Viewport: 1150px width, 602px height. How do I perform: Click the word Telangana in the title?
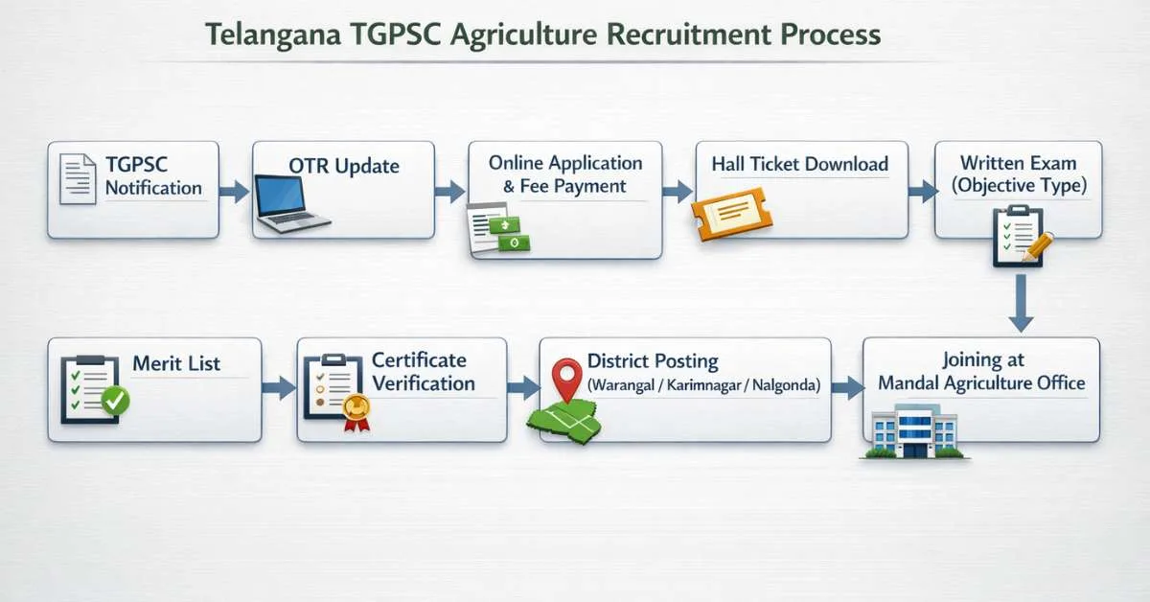272,35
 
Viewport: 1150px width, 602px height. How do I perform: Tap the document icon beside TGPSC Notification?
78,179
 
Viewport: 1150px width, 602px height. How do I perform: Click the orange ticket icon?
731,213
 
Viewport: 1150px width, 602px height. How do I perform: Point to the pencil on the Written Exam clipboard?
1038,247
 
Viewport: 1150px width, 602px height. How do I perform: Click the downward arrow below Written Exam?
1021,303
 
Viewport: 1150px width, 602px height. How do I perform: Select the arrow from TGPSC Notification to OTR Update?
234,192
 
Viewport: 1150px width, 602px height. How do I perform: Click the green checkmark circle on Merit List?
116,401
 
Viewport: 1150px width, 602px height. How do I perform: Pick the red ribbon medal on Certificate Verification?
356,412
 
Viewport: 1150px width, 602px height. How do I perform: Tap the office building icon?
914,431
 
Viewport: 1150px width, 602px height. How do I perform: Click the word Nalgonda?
786,385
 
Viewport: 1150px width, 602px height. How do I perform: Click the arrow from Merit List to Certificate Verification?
279,388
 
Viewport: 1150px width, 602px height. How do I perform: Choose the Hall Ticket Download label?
800,164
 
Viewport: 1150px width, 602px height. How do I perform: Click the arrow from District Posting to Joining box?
847,388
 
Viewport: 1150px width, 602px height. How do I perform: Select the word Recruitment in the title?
688,35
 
